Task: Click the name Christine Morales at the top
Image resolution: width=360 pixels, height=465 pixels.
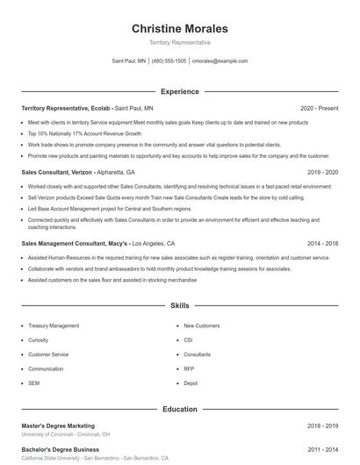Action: (x=180, y=28)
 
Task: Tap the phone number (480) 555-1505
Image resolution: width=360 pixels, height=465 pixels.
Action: (x=169, y=61)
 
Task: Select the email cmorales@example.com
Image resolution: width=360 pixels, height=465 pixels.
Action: (x=220, y=61)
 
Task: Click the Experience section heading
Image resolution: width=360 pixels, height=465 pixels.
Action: (x=180, y=91)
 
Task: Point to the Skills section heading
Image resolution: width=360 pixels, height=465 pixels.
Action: (x=180, y=306)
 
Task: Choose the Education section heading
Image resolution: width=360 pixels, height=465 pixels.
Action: (x=180, y=409)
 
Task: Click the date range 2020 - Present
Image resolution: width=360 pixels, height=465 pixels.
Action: (x=319, y=108)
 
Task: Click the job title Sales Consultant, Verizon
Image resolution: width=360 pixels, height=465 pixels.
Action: (x=58, y=173)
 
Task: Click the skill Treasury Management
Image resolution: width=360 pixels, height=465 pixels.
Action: (x=54, y=325)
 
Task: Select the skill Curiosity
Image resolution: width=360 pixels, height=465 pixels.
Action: (x=38, y=340)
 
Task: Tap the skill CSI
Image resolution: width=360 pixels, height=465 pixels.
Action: (x=188, y=340)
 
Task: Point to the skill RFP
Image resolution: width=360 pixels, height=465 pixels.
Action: (x=188, y=368)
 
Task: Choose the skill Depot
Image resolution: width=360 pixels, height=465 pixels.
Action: (x=191, y=383)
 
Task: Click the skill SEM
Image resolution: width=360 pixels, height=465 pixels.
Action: (x=33, y=383)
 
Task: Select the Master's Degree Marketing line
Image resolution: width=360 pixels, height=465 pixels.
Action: (x=58, y=426)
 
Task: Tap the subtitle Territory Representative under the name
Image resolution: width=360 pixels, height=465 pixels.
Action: (x=180, y=42)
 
